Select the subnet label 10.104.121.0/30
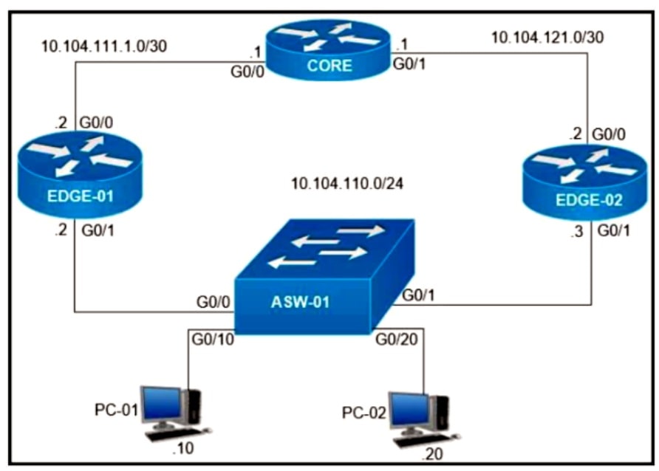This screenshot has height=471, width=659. [x=548, y=37]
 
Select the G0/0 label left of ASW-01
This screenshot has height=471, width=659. [x=212, y=302]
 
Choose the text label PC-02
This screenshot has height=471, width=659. [x=364, y=412]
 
